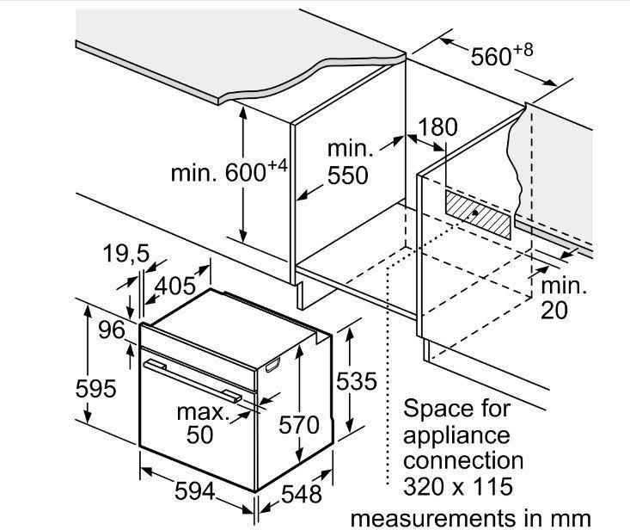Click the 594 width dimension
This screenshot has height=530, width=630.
(x=195, y=491)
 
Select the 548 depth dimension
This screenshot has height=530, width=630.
(x=302, y=494)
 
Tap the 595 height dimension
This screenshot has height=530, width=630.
(x=95, y=388)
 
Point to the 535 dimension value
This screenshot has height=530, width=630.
(x=357, y=381)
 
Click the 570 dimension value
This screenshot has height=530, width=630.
(x=299, y=425)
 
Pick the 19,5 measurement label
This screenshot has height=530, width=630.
(x=126, y=254)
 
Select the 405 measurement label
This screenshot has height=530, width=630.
(x=175, y=286)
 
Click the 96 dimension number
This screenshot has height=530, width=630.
(x=112, y=330)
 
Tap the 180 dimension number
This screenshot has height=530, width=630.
(x=437, y=126)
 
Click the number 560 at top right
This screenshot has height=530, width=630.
(x=491, y=56)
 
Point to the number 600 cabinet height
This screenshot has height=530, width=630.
(x=246, y=173)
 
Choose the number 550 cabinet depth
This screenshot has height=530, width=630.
(x=348, y=176)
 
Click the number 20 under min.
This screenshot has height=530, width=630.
(x=554, y=310)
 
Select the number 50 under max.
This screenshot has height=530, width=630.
(x=199, y=434)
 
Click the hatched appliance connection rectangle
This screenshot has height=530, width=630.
(x=478, y=214)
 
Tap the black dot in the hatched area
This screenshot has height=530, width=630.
(x=474, y=213)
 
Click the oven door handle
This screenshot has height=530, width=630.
(x=193, y=381)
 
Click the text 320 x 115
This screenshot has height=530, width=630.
(x=458, y=486)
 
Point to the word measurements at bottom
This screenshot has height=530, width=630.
(x=433, y=518)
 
